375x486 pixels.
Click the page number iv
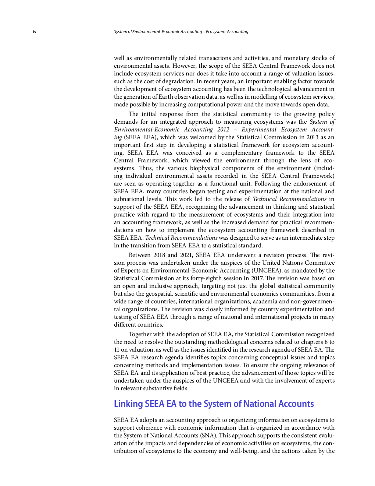click(x=35, y=32)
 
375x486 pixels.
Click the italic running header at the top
click(x=181, y=32)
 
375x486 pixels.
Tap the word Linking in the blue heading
click(x=128, y=404)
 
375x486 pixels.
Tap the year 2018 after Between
click(x=159, y=255)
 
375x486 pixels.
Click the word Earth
click(x=166, y=97)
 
